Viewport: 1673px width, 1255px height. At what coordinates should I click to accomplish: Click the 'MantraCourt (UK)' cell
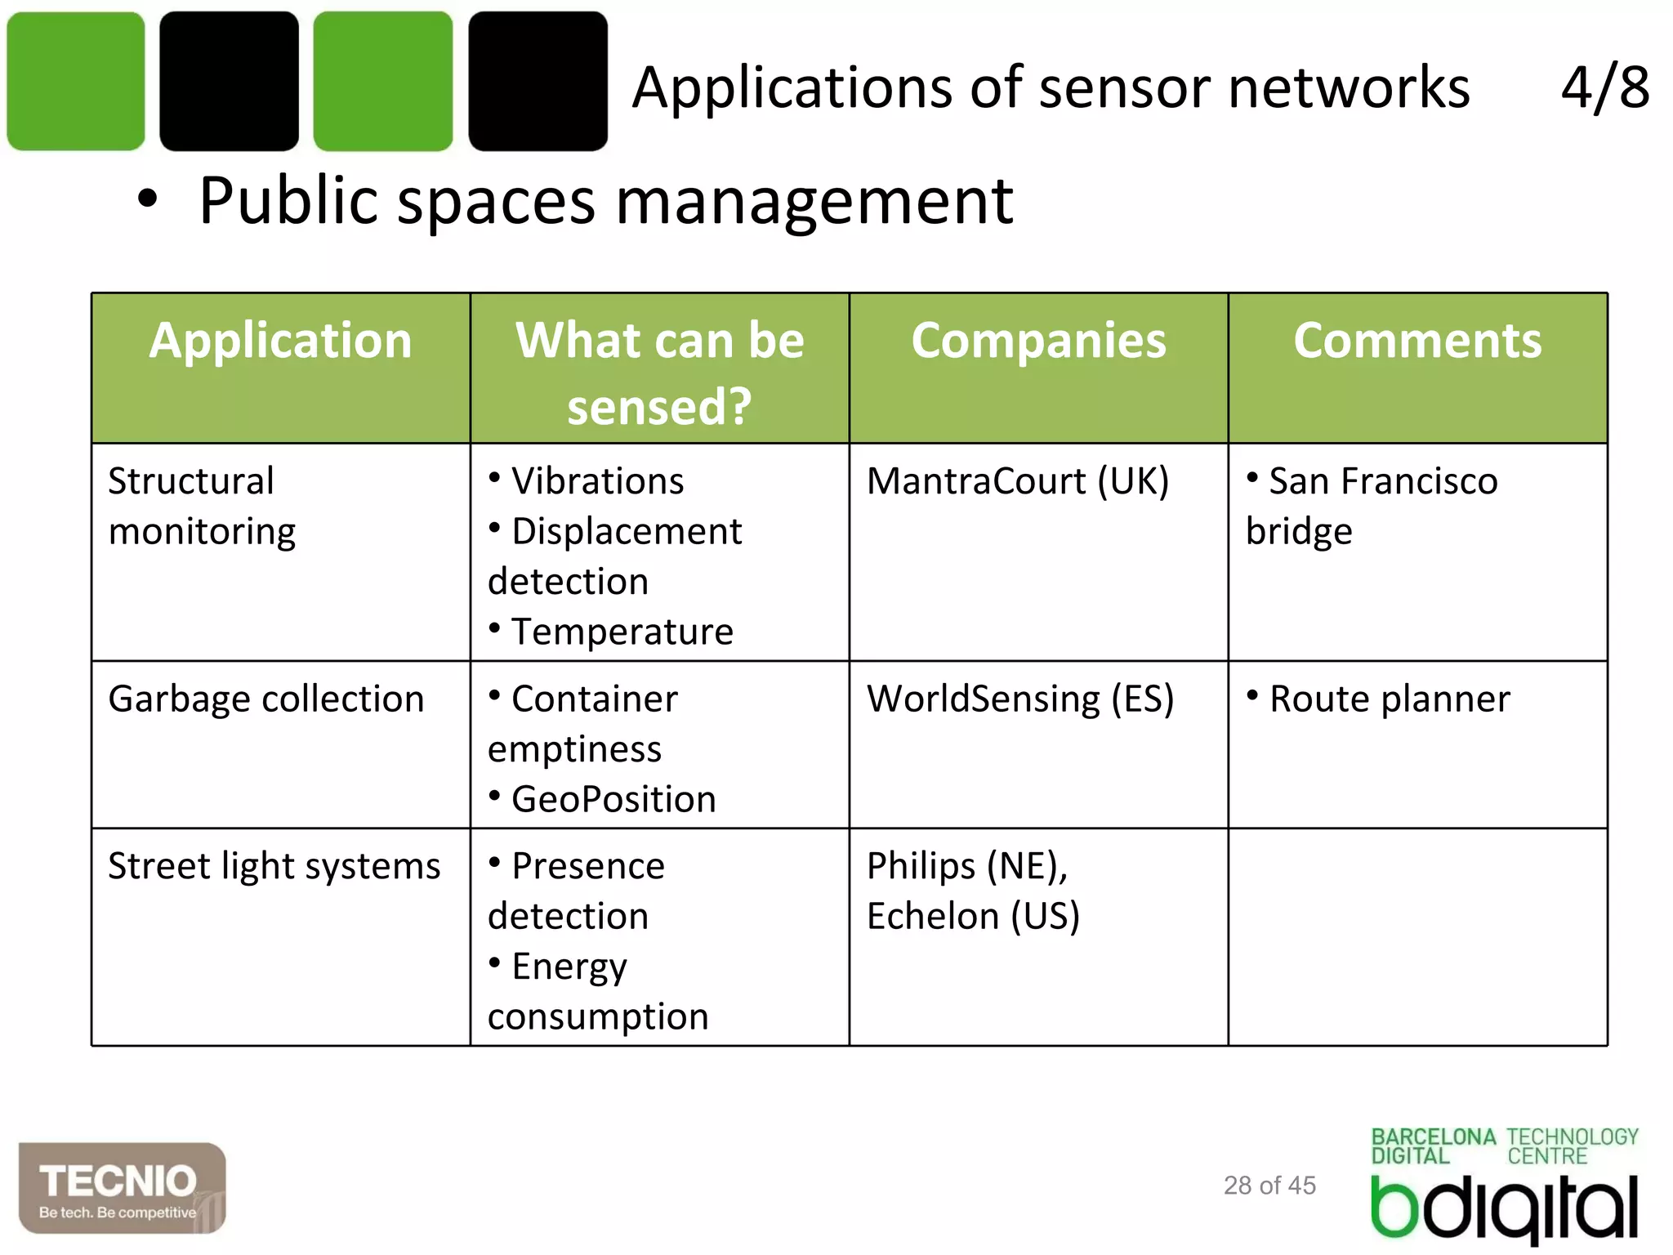[x=1018, y=481]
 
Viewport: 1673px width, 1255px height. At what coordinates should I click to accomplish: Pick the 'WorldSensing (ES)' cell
[x=1020, y=699]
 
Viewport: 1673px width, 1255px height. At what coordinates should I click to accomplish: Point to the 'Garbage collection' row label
[x=266, y=699]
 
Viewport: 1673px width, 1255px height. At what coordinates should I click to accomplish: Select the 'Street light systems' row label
[x=274, y=866]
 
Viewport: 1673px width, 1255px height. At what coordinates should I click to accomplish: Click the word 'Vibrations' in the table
[x=597, y=481]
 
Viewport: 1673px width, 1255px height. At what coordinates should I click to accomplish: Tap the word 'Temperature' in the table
[x=622, y=632]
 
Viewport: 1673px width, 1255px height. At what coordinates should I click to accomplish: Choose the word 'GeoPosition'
[x=613, y=799]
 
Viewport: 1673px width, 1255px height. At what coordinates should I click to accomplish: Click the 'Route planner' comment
[x=1389, y=699]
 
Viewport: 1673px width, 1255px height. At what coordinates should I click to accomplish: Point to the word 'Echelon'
[x=933, y=916]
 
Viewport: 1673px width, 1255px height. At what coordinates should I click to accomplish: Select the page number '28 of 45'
[x=1269, y=1185]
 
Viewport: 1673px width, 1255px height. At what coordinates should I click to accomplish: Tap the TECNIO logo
[x=122, y=1188]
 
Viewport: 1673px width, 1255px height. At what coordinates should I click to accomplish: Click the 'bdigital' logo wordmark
[x=1504, y=1208]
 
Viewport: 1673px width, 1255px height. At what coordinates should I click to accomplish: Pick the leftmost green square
[x=76, y=81]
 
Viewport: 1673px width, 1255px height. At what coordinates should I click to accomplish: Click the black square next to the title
[x=538, y=81]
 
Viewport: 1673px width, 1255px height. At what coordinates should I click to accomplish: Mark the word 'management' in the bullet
[x=814, y=201]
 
